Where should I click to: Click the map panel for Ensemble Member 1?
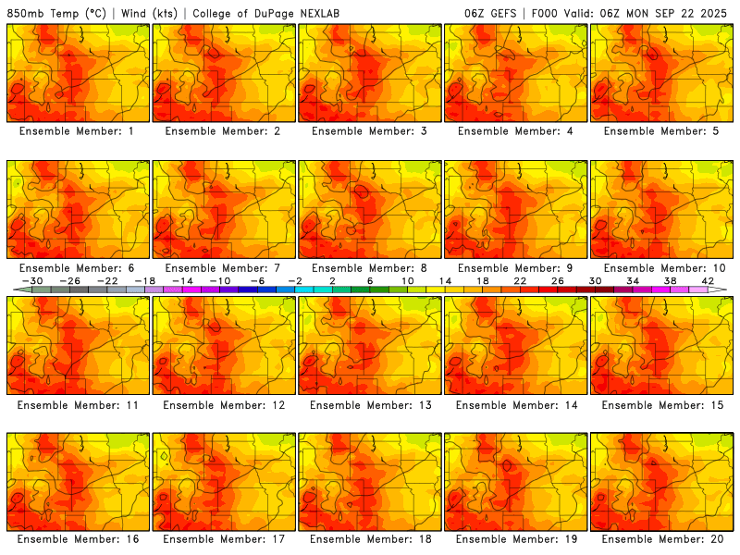pos(77,72)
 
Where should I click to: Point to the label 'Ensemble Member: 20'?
pos(662,538)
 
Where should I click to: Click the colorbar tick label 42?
pos(708,280)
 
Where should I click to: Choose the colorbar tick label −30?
pos(32,280)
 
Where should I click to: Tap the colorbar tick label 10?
pos(408,280)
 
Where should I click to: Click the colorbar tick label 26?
pos(558,280)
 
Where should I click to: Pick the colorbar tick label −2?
pos(295,280)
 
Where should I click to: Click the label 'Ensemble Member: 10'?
pos(662,268)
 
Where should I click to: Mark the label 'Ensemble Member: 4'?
pos(516,131)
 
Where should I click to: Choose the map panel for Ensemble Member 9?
pos(515,209)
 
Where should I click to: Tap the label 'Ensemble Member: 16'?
pos(78,538)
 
